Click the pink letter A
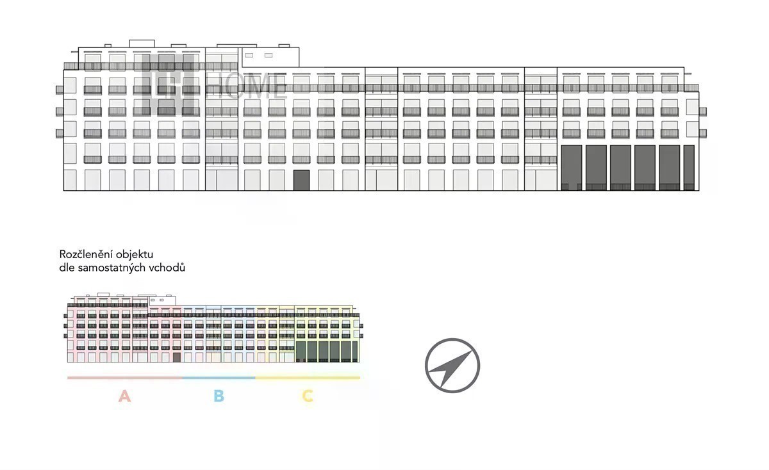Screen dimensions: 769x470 (124, 396)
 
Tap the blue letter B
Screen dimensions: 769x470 (219, 396)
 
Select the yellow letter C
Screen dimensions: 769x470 (308, 396)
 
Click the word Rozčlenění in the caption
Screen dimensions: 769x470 (86, 254)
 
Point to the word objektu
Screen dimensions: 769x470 (135, 255)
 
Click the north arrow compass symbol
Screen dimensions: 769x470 (452, 366)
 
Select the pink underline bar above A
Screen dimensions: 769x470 (125, 378)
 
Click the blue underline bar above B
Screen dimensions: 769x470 (219, 378)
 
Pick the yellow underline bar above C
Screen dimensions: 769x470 (308, 378)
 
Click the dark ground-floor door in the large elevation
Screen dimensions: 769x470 (301, 180)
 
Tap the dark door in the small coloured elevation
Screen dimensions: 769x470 (176, 357)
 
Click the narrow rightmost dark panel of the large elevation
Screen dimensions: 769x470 (689, 168)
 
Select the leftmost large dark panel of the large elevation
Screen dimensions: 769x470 (572, 168)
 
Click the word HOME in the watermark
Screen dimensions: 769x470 (247, 87)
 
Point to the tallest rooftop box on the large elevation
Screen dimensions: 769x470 (142, 44)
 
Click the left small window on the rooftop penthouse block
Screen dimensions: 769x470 (249, 55)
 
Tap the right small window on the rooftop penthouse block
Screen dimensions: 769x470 (269, 55)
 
